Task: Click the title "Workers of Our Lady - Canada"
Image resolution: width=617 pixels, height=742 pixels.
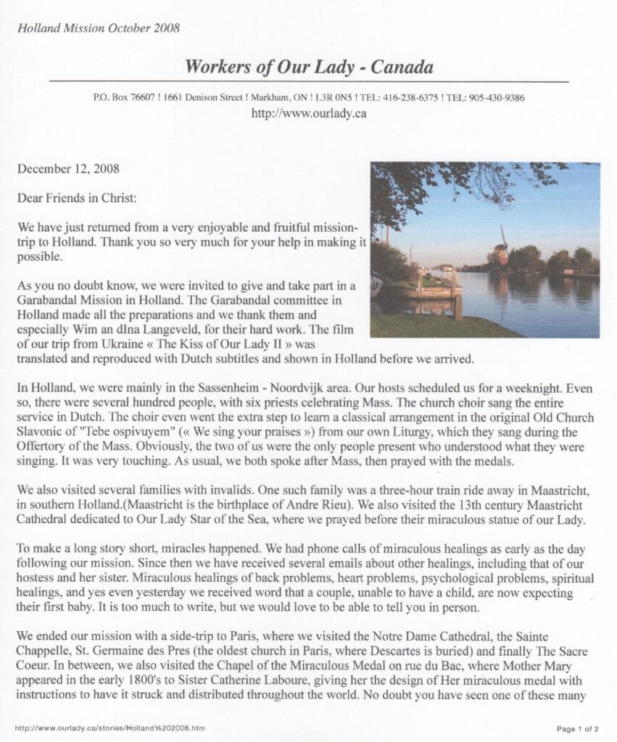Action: (x=309, y=67)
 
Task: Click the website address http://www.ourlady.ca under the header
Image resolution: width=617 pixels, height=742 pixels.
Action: (x=308, y=113)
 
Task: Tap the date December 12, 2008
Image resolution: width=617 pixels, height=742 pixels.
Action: (x=68, y=169)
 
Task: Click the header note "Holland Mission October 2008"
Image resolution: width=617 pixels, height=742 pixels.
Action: (x=99, y=28)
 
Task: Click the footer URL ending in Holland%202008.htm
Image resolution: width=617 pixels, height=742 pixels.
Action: (x=109, y=728)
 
